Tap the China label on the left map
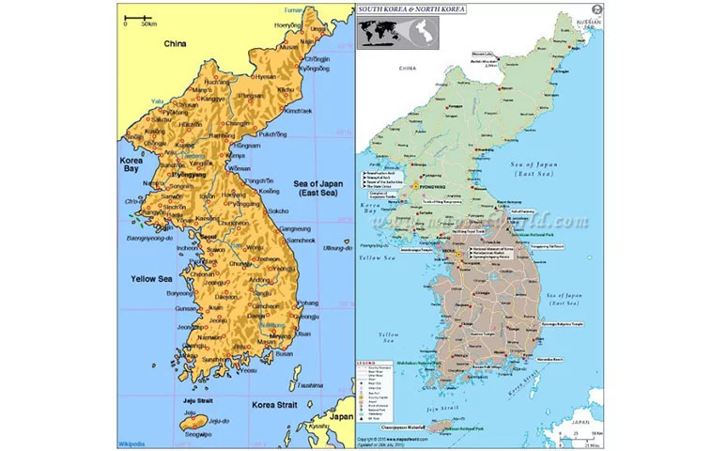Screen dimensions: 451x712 coord(175,43)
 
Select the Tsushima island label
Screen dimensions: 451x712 coord(309,385)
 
